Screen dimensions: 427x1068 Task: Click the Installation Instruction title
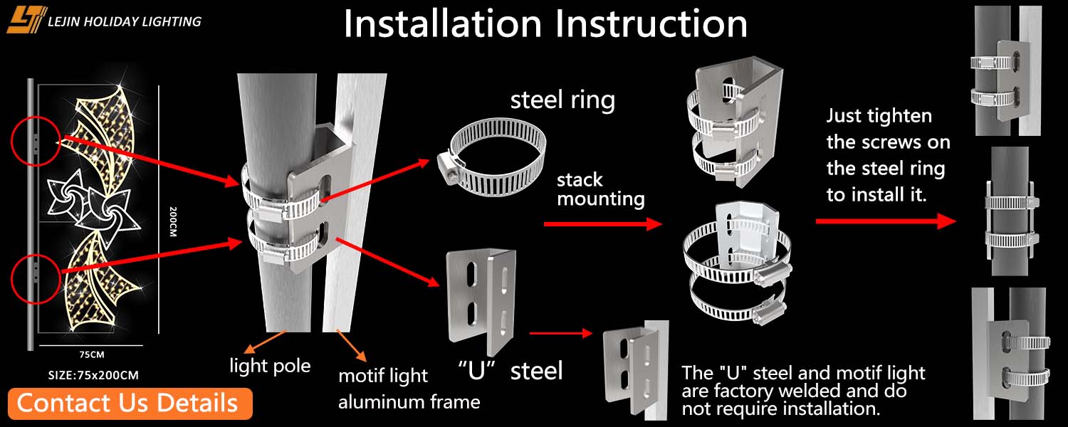545,24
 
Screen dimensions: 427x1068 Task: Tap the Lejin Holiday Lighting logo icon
27,20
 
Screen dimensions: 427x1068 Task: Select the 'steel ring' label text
562,100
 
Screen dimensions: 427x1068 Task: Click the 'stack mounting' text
600,189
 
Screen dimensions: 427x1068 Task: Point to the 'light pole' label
270,367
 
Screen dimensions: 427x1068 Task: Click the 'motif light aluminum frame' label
408,389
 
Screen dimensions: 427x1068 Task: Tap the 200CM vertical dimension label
173,222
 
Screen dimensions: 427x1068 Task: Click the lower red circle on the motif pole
35,273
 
